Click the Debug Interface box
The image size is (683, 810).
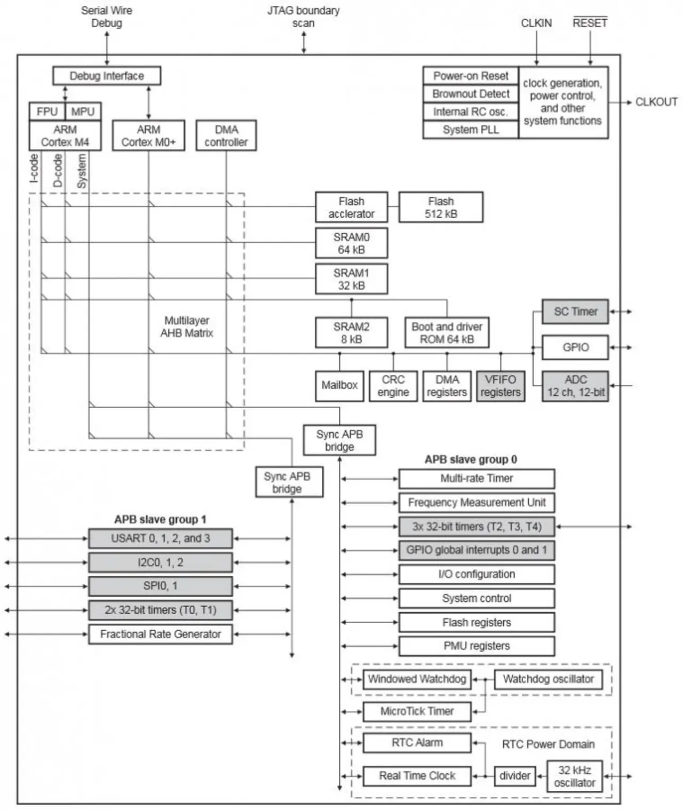coord(107,76)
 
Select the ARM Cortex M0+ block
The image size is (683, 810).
coord(149,136)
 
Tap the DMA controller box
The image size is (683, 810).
coord(226,136)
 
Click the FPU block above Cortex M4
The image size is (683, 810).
coord(47,112)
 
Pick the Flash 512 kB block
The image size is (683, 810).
coord(441,207)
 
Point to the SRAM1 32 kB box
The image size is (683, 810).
coord(351,279)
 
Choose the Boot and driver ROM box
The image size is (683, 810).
coord(447,332)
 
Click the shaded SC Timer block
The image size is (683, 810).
coord(575,311)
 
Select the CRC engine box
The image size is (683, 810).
coord(393,386)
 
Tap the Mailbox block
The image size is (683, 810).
coord(339,386)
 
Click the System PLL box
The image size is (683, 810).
coord(471,130)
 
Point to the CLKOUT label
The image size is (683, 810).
coord(656,102)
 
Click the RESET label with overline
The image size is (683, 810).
coord(590,22)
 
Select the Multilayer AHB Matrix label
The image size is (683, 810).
coord(187,327)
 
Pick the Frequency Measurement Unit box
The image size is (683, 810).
coord(476,503)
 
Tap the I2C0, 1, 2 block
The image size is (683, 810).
coord(160,562)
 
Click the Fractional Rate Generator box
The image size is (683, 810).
coord(160,634)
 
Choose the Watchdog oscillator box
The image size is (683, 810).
coord(548,679)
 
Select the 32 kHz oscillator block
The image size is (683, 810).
coord(574,776)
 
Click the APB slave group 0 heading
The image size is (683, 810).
coord(471,460)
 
